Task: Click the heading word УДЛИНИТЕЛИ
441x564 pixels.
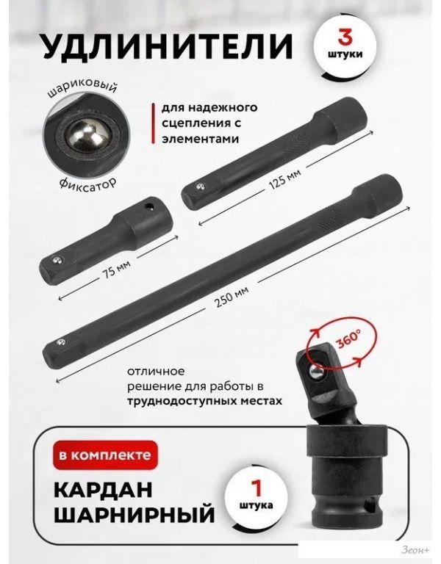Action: pos(168,46)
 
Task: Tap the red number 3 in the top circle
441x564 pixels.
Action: pos(345,37)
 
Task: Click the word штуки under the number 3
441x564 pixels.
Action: pos(345,54)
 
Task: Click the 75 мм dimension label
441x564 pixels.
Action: pos(116,268)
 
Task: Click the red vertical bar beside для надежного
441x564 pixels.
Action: pos(154,123)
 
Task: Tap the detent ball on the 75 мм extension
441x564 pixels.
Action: pos(56,261)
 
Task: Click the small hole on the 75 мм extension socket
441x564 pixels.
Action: pos(148,206)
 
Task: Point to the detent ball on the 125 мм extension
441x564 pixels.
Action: pos(200,187)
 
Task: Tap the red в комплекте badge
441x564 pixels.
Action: pos(105,455)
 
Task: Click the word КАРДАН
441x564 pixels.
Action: pos(104,490)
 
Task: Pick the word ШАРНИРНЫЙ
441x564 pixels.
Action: pos(135,515)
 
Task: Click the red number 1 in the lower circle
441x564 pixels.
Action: pos(256,487)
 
